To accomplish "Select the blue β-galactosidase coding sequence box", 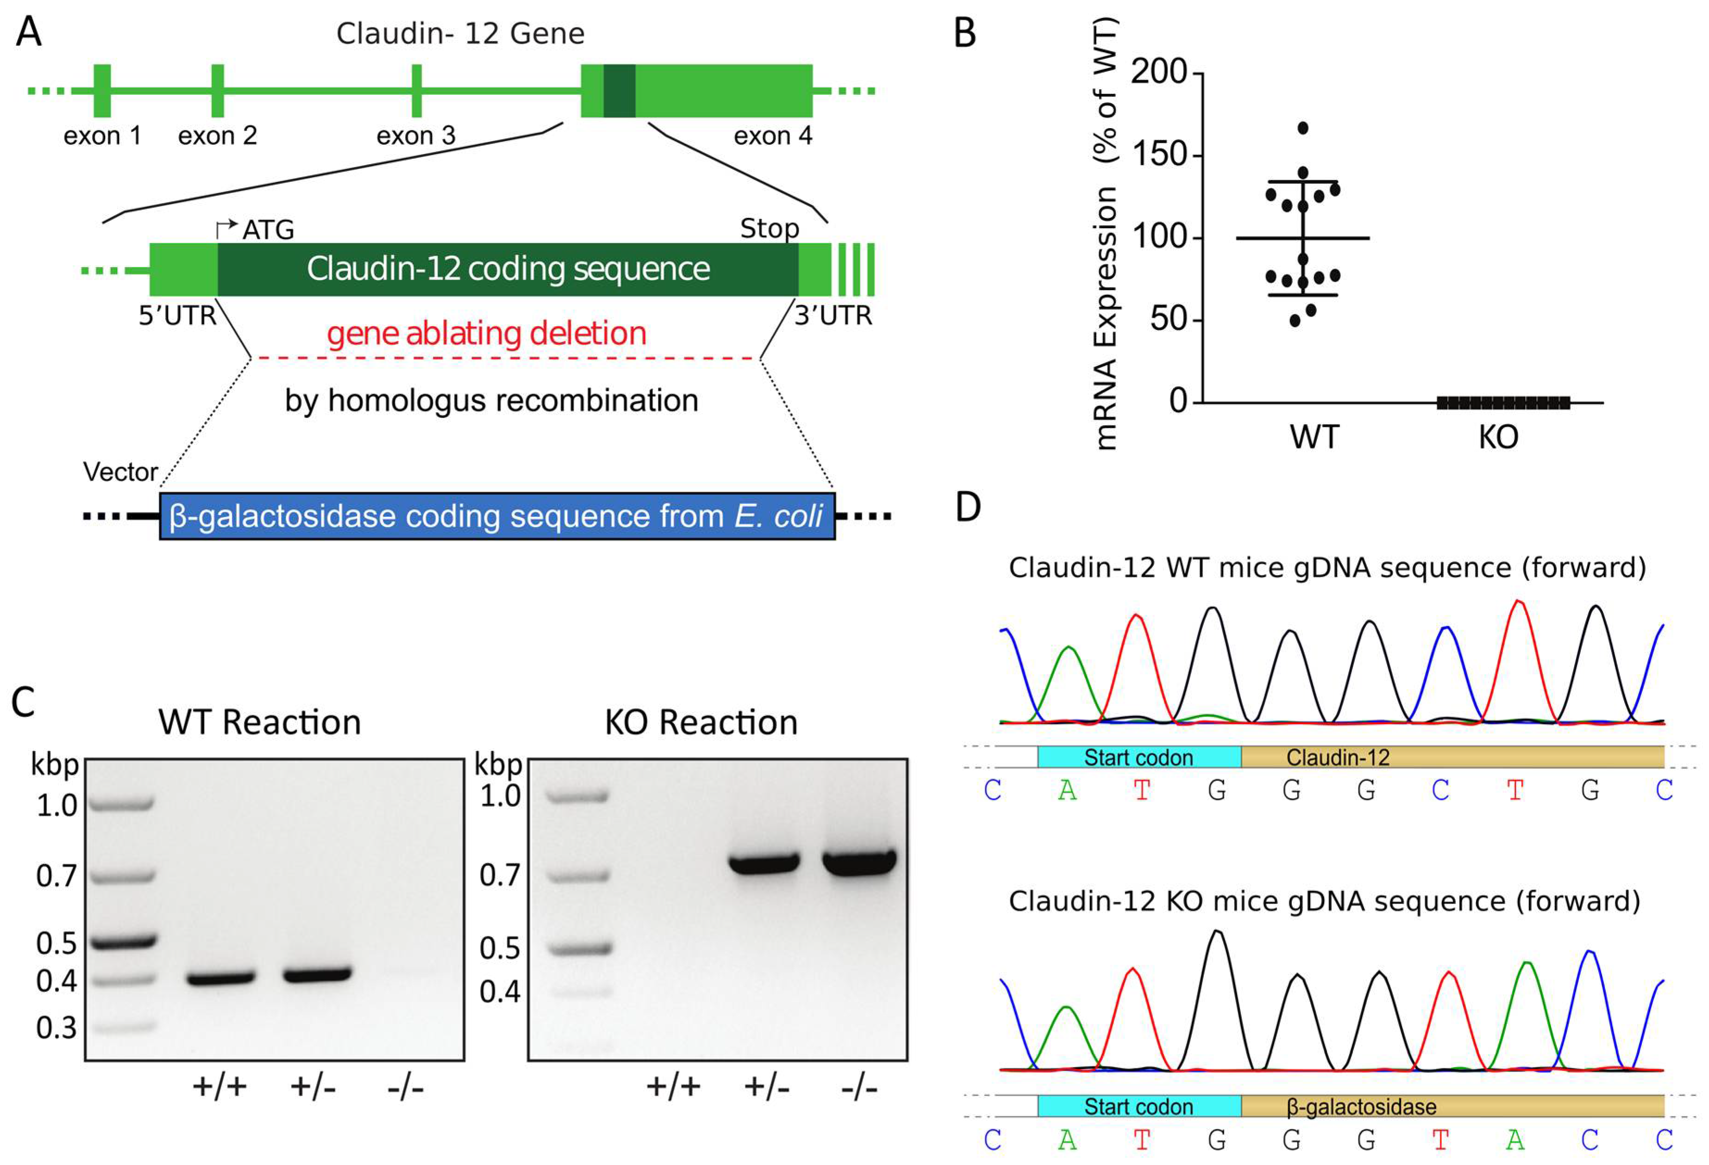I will (x=497, y=516).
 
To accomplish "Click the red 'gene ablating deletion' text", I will (x=486, y=334).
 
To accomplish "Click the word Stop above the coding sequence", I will (x=769, y=229).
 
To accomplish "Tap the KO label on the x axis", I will (x=1498, y=437).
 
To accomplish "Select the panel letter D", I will (x=968, y=507).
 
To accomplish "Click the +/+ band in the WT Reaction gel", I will (x=220, y=978).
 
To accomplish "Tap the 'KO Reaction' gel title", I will (x=701, y=723).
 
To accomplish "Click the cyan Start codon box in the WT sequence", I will (x=1139, y=757).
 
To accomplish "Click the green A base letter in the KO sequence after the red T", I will (x=1515, y=1140).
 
